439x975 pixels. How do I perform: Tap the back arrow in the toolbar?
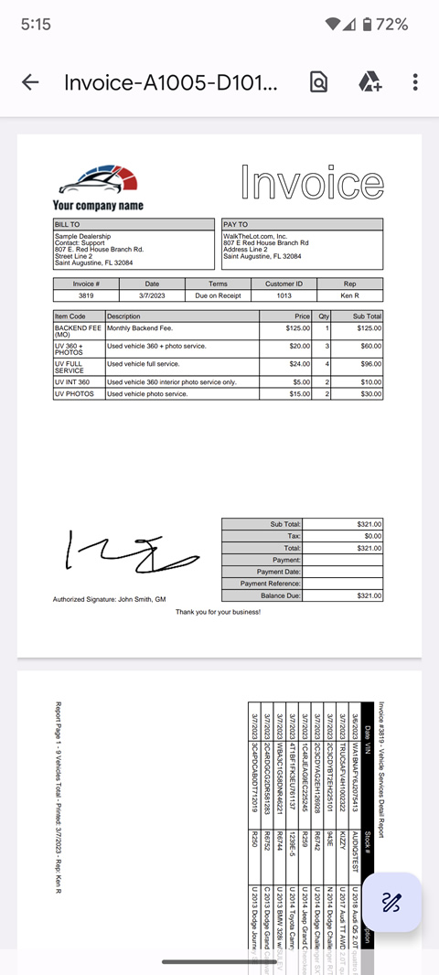30,82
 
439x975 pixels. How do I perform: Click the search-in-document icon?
318,82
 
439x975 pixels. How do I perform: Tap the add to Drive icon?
369,82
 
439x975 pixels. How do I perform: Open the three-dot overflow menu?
415,82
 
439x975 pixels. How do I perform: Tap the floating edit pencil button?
391,903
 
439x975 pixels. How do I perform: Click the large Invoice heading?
311,182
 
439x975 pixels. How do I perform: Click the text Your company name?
98,206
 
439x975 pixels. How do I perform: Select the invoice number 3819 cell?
86,295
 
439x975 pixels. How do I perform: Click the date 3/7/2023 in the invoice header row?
152,295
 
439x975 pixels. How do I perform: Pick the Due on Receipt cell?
218,295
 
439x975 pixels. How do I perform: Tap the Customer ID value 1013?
284,295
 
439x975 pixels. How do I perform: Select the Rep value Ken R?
349,295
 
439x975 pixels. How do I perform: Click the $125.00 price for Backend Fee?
297,327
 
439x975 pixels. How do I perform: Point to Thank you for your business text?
218,612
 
